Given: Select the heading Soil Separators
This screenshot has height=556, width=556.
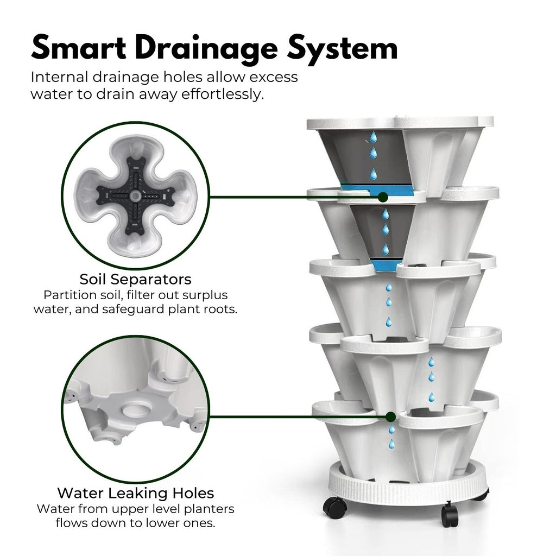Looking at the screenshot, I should point(135,280).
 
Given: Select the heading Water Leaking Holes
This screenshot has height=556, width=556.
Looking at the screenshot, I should point(135,493).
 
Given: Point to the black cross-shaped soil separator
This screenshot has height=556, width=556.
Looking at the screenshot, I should point(135,195).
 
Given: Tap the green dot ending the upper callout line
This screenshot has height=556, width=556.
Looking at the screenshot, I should point(383,197).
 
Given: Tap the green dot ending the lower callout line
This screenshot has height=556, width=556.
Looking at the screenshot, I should point(390,416).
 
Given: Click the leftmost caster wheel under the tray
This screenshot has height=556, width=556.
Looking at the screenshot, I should point(334,508).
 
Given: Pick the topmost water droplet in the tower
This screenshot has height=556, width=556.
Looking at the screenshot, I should point(373,136).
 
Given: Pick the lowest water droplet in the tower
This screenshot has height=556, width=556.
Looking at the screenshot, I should point(390,444).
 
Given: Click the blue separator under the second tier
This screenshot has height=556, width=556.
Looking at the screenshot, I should point(387,266).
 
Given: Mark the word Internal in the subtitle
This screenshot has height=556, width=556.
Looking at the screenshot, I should point(58,77).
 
